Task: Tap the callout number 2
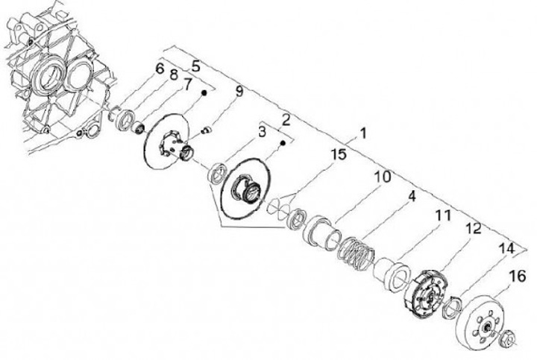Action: coord(285,119)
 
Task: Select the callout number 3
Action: coord(262,133)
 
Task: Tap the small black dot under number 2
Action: coord(284,139)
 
